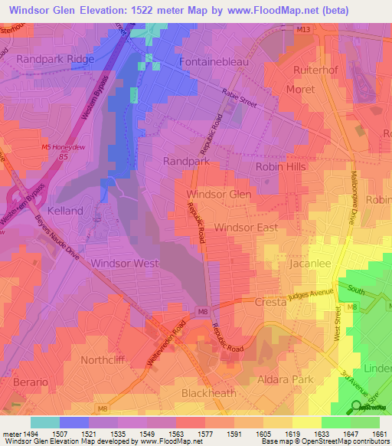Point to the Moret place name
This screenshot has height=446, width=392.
tap(300, 90)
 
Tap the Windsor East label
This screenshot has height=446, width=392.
tap(246, 228)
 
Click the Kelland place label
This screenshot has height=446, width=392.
tap(65, 210)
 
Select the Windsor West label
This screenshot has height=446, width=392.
tap(124, 263)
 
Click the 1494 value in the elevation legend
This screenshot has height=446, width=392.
tap(18, 434)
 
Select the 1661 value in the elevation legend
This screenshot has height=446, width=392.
tap(380, 434)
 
